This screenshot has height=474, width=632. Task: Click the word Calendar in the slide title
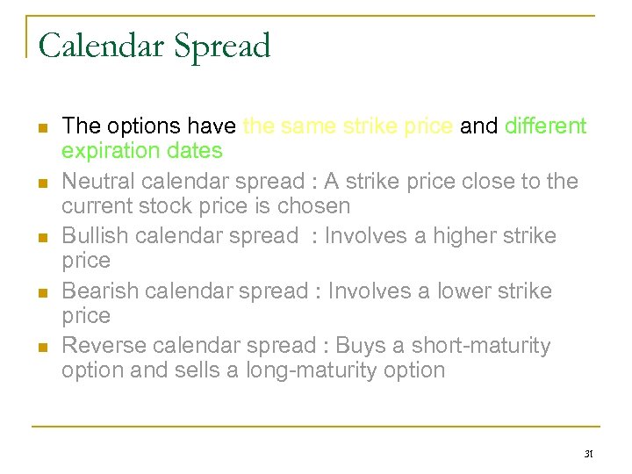click(x=97, y=46)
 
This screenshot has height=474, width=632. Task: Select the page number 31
click(x=588, y=455)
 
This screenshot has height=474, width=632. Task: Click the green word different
click(x=545, y=126)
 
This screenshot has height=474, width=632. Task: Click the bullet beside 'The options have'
click(x=40, y=128)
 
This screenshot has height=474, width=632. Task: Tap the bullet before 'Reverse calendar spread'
click(x=40, y=347)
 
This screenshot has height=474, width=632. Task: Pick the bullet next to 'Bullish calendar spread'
click(x=40, y=237)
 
